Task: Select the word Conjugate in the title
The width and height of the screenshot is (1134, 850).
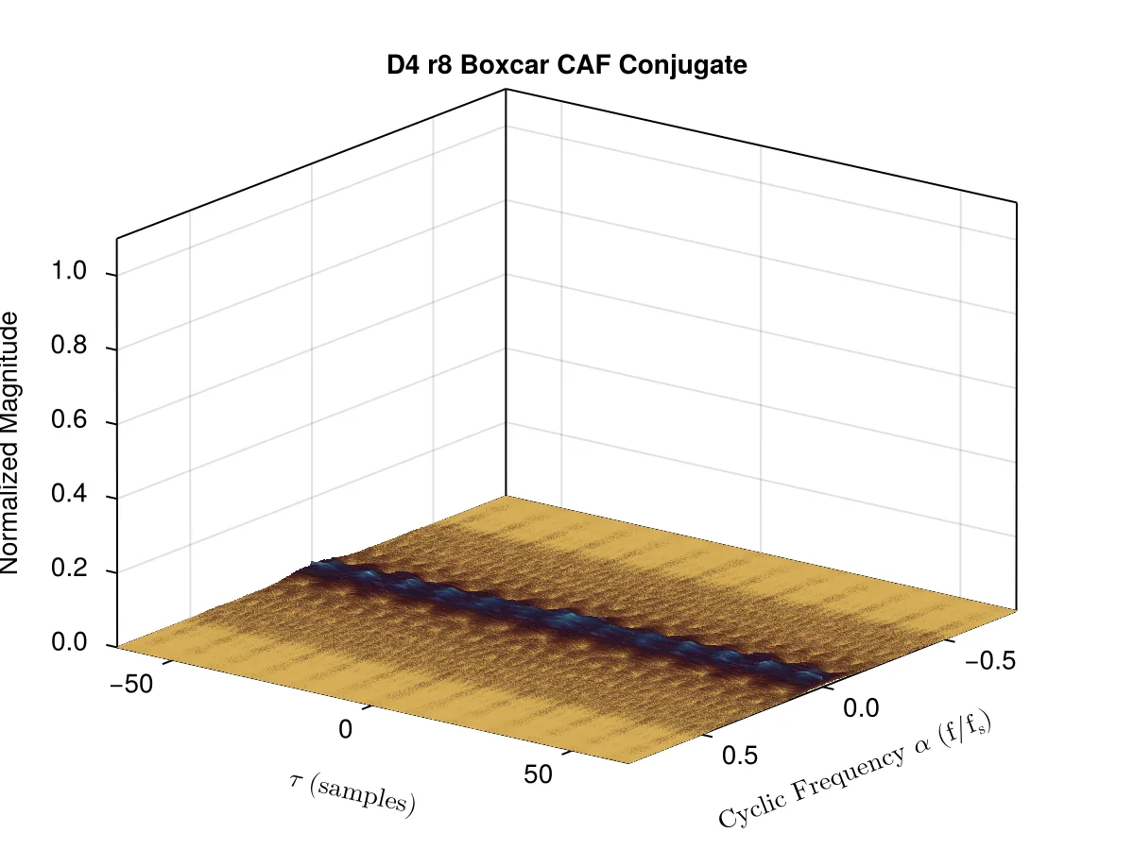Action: coord(682,66)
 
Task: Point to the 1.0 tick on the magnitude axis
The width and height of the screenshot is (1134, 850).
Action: coord(69,271)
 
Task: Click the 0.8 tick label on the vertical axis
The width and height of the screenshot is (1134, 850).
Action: coord(69,345)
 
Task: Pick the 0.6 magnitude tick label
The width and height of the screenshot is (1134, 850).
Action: coord(69,419)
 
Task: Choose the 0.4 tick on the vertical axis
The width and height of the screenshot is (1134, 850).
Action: coord(69,494)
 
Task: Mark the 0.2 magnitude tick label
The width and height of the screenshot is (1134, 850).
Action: coord(69,569)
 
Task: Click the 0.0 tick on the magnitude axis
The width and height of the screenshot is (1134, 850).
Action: coord(69,642)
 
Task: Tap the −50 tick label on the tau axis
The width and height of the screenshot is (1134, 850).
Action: coord(131,685)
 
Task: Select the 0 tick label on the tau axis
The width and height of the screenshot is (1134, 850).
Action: coord(346,730)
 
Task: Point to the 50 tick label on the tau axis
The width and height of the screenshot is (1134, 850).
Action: coord(538,774)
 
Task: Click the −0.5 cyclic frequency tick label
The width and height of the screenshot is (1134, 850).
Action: coord(990,660)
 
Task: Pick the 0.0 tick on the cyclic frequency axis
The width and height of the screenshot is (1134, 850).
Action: coord(861,708)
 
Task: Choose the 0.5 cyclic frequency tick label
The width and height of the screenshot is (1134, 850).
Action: coord(740,755)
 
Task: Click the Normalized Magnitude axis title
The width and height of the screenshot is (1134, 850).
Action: coord(9,443)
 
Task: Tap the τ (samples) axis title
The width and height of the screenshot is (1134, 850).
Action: coord(352,795)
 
